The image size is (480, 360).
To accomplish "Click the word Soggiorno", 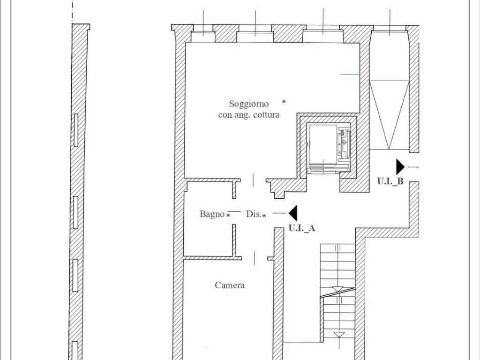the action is point(249,104).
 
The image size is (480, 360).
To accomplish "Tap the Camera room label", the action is point(230,285).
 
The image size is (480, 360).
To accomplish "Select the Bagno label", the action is point(212,214).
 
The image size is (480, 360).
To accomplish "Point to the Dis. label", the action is point(254,214).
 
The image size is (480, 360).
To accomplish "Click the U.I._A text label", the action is point(302,228).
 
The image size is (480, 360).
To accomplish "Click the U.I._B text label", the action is point(390,181).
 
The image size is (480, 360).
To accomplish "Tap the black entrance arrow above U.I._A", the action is point(293,213).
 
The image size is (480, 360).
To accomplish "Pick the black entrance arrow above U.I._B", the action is point(400,167).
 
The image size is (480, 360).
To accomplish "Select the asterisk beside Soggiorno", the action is point(284,102).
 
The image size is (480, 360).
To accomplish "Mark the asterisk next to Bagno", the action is point(228,215).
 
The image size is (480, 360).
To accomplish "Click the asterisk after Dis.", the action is point(264,216).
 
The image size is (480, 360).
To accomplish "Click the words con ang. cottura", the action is point(248,115).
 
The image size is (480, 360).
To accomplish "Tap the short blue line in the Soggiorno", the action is point(350,75).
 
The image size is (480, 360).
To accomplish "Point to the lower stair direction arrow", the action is point(339,335).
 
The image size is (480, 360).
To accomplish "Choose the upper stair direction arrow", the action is point(337,289).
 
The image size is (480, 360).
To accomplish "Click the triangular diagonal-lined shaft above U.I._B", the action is point(389,115).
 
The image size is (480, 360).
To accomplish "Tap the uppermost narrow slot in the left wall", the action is point(76,130).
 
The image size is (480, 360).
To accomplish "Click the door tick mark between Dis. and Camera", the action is point(255,258).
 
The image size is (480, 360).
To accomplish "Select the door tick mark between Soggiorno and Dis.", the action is point(253,180).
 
